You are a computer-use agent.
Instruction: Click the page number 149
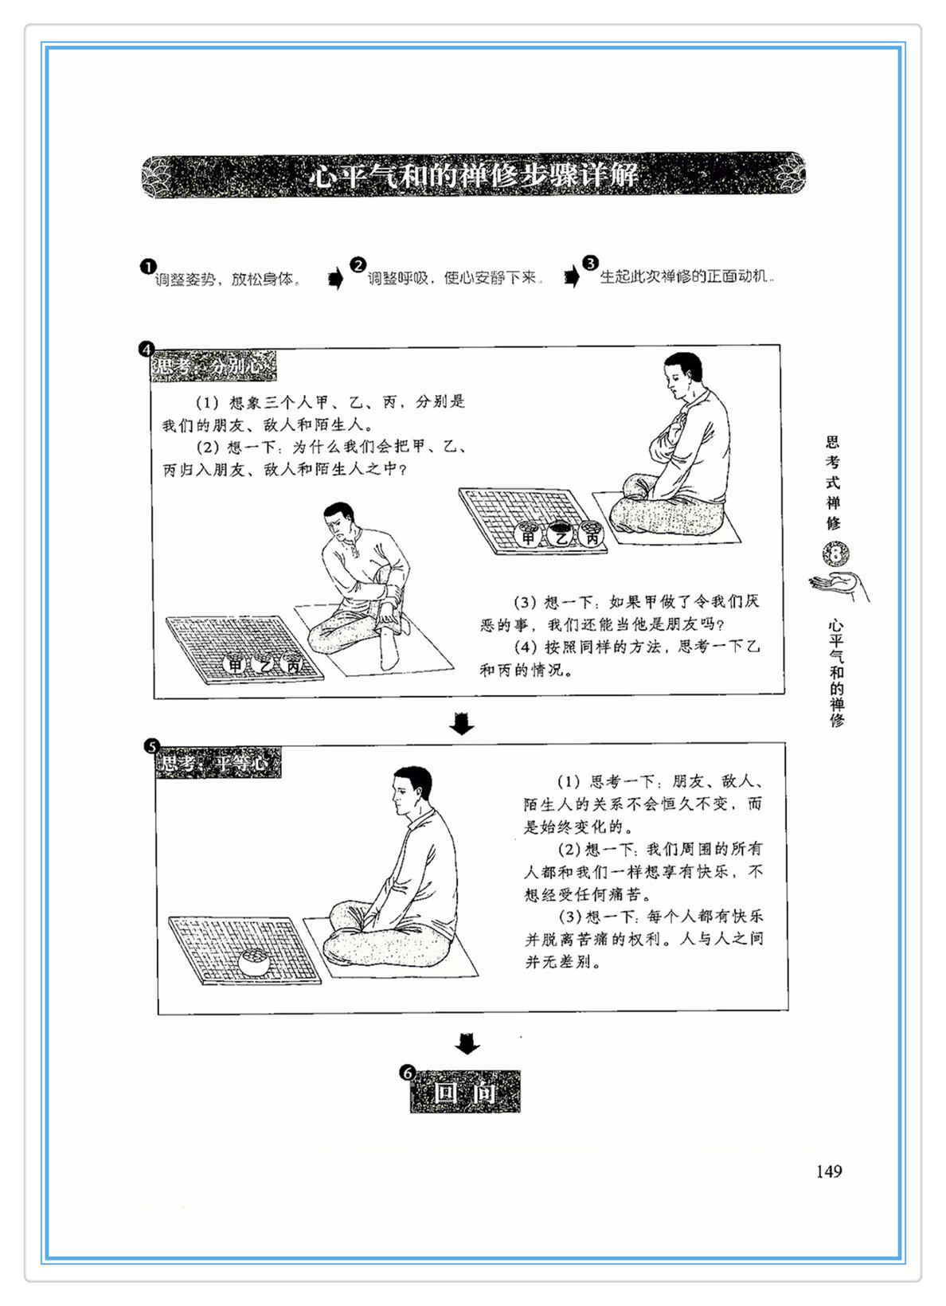pyautogui.click(x=829, y=1171)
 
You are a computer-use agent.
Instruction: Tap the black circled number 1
pyautogui.click(x=147, y=267)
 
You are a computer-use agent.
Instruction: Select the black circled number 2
pyautogui.click(x=358, y=264)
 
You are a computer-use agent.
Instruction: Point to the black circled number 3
pyautogui.click(x=590, y=263)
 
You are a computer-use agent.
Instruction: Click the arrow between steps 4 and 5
pyautogui.click(x=463, y=724)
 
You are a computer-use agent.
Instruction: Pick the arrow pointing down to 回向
pyautogui.click(x=467, y=1044)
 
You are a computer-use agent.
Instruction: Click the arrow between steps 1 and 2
pyautogui.click(x=336, y=279)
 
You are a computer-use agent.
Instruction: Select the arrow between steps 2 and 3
pyautogui.click(x=573, y=276)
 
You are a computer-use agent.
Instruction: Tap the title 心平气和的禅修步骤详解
pyautogui.click(x=473, y=175)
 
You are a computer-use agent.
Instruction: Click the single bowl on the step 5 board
pyautogui.click(x=254, y=962)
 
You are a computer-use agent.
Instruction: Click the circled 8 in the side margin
pyautogui.click(x=836, y=554)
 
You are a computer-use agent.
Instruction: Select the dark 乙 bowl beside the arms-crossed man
pyautogui.click(x=560, y=533)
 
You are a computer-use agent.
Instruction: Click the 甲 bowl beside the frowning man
pyautogui.click(x=236, y=663)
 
